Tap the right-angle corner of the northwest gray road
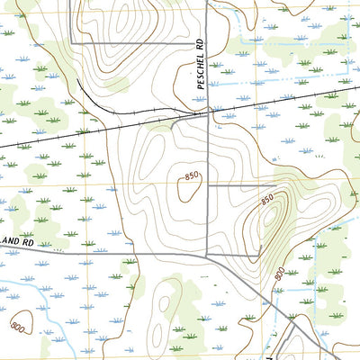tap(71, 42)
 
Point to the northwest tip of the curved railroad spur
tap(78, 81)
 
